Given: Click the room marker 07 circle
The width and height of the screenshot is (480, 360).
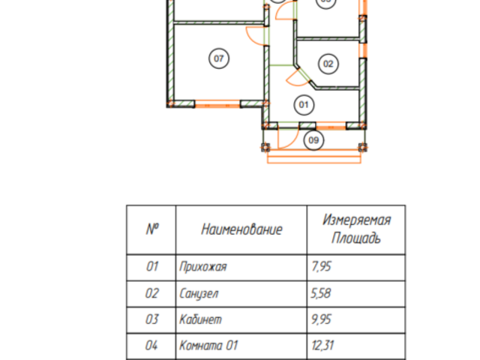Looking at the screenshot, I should (218, 58).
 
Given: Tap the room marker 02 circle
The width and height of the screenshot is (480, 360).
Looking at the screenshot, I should (328, 64).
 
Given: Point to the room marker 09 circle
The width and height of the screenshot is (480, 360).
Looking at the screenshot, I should (313, 139).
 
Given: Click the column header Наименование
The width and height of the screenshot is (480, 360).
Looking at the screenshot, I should (241, 229).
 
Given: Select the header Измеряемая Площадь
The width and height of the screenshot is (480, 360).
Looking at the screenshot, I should (356, 229).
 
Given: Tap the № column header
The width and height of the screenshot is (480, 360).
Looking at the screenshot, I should (152, 229).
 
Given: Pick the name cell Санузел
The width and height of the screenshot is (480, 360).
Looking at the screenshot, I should (199, 293).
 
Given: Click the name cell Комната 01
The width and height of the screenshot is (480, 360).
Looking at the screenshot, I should (209, 346).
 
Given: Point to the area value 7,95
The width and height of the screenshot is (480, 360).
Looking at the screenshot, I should (320, 266).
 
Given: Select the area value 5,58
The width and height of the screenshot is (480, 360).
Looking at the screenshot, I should (320, 293).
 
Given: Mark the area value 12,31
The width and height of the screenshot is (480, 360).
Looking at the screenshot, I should (322, 346).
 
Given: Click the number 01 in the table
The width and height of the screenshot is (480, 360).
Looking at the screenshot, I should (152, 266).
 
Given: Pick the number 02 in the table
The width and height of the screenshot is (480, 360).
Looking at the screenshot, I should (152, 293).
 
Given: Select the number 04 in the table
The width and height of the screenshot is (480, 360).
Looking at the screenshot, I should (152, 346).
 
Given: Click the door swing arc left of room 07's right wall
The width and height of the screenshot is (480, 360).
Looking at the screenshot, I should (253, 33).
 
